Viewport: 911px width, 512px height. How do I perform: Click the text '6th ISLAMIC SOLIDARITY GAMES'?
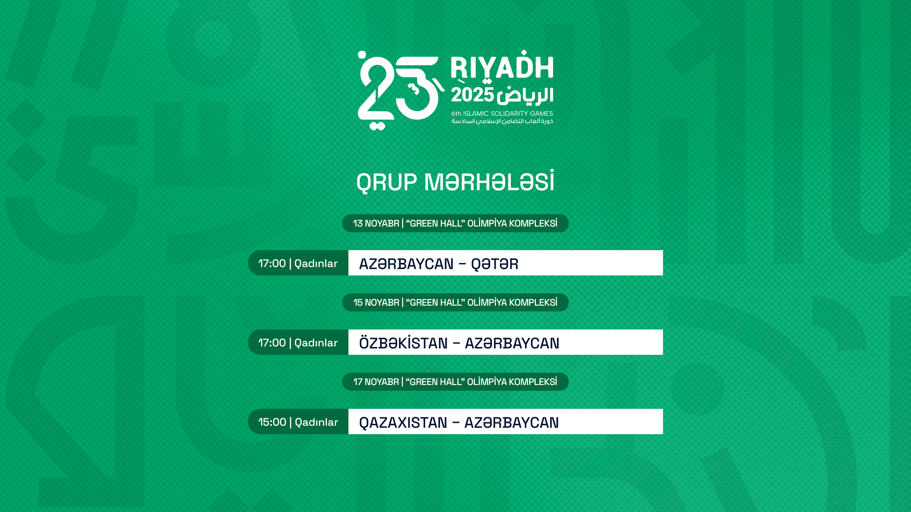coord(502,113)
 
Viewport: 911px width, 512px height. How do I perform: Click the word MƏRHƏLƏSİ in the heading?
coord(489,181)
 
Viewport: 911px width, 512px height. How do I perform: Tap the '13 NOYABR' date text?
coord(376,223)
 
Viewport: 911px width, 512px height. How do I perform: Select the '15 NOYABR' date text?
coord(376,303)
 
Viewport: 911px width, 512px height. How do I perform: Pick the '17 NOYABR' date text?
coord(376,382)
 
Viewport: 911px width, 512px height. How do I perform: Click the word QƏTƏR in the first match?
coord(494,264)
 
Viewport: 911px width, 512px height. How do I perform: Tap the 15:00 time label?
coord(272,422)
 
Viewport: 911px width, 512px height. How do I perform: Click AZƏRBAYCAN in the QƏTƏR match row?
coord(406,264)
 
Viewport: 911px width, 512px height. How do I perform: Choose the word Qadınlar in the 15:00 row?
coord(316,422)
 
